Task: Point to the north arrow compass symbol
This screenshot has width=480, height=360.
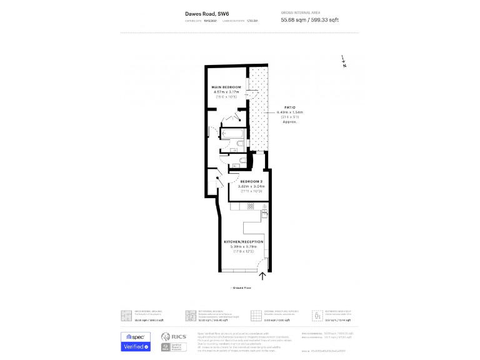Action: [343, 61]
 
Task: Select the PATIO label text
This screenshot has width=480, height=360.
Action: [289, 107]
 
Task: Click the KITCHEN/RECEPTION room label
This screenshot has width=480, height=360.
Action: [244, 241]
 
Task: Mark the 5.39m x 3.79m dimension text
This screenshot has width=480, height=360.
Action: [244, 246]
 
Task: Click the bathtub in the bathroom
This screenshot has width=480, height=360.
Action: [235, 134]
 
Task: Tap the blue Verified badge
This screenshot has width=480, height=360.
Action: [136, 346]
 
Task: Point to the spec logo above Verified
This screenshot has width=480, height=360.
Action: [136, 336]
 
